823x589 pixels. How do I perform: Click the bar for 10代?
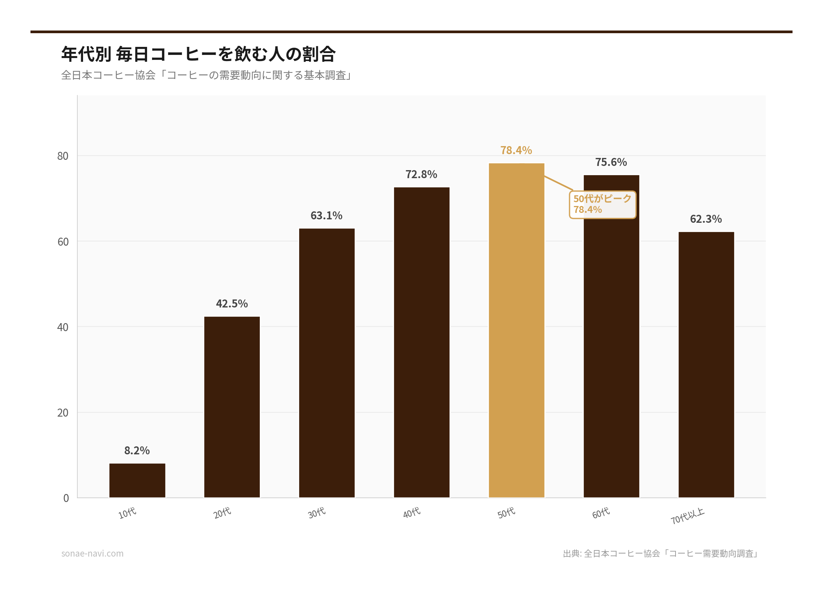137,480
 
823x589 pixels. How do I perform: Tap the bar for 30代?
327,362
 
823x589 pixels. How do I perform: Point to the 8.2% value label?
137,451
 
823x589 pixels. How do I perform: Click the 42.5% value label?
232,304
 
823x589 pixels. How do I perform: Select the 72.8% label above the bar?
421,174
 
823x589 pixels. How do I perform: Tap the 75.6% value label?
611,162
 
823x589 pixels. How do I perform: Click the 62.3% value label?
706,219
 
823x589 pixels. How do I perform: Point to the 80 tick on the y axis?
63,156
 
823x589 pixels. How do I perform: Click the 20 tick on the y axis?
63,413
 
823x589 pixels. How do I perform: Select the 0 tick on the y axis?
66,498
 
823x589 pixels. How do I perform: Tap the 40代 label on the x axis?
412,513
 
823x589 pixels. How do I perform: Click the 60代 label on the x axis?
601,513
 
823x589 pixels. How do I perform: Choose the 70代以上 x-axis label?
688,516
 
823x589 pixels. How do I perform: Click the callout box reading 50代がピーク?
602,205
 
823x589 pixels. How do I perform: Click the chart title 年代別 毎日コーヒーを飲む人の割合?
199,54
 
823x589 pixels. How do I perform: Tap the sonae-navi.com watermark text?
93,554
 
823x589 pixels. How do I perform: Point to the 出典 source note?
661,554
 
